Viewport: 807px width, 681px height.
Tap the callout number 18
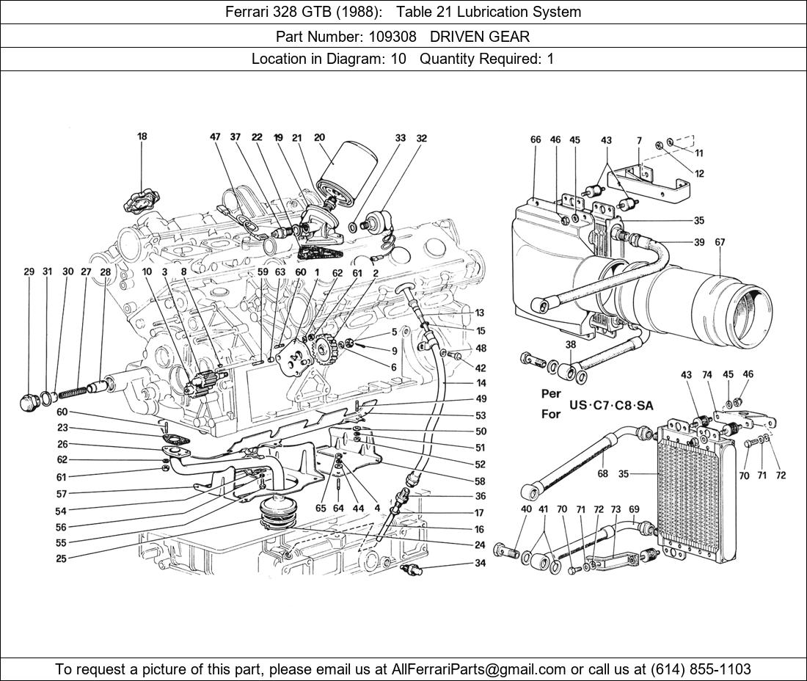tap(142, 136)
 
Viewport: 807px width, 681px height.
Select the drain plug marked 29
tap(30, 401)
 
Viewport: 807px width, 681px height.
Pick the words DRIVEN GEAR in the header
tap(480, 36)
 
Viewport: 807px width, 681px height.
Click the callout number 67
tap(720, 242)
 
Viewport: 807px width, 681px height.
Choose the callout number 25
tap(61, 558)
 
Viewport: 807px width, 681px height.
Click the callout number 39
tap(699, 242)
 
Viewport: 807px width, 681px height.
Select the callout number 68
tap(602, 473)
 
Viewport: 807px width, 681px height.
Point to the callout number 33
tap(400, 138)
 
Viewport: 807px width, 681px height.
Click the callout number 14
tap(481, 383)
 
